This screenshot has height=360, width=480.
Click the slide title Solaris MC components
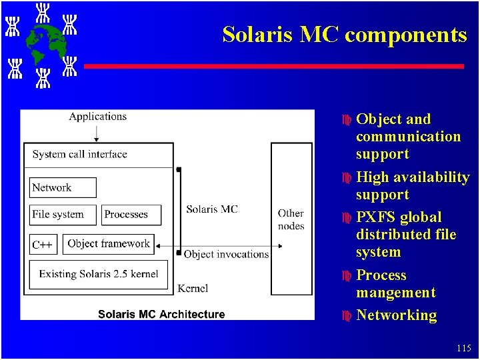click(344, 35)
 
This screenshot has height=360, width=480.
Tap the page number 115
click(464, 348)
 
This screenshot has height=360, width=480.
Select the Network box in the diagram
click(63, 187)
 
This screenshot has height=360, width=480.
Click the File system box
click(63, 215)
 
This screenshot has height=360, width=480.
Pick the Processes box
click(131, 215)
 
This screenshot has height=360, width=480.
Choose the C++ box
click(43, 245)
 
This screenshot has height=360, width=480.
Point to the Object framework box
click(109, 244)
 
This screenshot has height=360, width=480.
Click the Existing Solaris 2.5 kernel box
click(98, 274)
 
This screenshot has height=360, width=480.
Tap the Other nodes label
click(291, 219)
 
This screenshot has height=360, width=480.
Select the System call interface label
click(79, 154)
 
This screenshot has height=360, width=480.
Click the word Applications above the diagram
click(97, 117)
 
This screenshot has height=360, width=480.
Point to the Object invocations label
click(226, 254)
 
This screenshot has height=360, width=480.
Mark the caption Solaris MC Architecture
click(161, 314)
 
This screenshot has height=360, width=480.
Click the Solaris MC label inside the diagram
click(212, 209)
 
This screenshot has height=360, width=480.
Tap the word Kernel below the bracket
click(193, 288)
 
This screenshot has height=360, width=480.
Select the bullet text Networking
click(396, 315)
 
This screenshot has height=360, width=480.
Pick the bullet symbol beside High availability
click(346, 178)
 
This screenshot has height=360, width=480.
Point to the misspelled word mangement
click(395, 293)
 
